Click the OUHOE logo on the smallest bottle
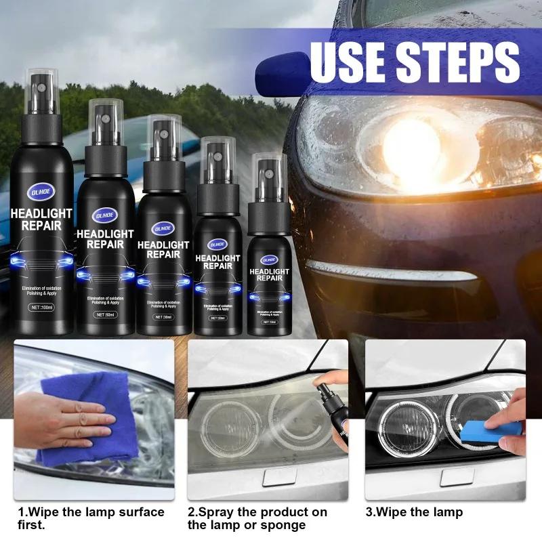tap(269, 259)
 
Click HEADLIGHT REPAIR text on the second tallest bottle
tap(105, 238)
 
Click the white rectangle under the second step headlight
tap(284, 478)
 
